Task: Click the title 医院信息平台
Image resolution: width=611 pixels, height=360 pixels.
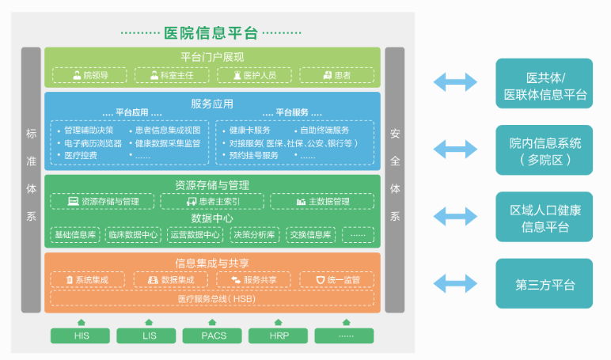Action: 211,32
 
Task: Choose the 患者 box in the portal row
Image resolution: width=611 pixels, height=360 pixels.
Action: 336,75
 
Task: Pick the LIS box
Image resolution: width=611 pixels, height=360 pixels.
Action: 146,335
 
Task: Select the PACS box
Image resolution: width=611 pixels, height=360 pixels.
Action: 213,335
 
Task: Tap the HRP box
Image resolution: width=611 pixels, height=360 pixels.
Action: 279,335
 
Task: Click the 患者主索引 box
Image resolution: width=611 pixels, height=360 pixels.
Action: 212,202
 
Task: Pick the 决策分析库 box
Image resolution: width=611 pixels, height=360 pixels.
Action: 253,235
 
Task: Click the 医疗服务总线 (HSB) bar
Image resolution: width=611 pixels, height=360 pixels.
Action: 212,298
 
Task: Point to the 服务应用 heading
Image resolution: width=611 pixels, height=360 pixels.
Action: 212,103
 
